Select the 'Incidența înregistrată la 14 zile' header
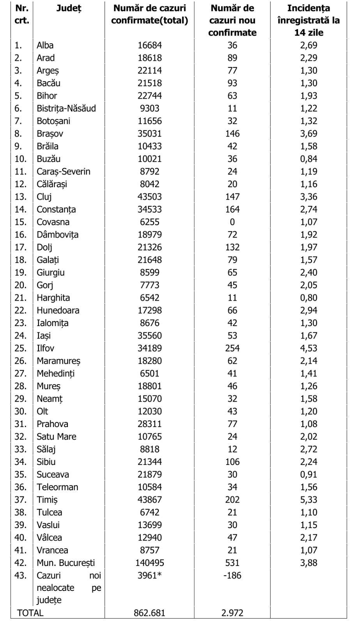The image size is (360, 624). (x=309, y=20)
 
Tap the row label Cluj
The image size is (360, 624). (x=44, y=197)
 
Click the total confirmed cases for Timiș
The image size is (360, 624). (x=150, y=500)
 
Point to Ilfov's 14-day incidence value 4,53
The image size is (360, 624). (x=309, y=348)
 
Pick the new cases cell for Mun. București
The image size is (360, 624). (x=232, y=563)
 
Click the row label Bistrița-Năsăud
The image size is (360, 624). (x=66, y=108)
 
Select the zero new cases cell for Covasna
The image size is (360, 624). (x=232, y=222)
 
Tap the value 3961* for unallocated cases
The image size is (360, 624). (x=150, y=575)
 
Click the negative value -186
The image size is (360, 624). (x=232, y=575)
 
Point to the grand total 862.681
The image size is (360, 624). (x=150, y=613)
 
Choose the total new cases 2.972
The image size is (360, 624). (x=232, y=613)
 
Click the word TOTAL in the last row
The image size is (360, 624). (x=30, y=613)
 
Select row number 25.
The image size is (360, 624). (x=21, y=348)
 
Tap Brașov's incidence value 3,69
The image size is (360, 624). (x=309, y=133)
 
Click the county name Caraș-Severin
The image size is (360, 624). (x=63, y=172)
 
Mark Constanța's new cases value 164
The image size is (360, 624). (x=232, y=209)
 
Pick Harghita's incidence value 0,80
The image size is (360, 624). (x=309, y=298)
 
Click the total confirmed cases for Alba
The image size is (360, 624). (x=150, y=45)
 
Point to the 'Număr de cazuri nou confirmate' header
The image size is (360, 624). (x=232, y=20)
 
